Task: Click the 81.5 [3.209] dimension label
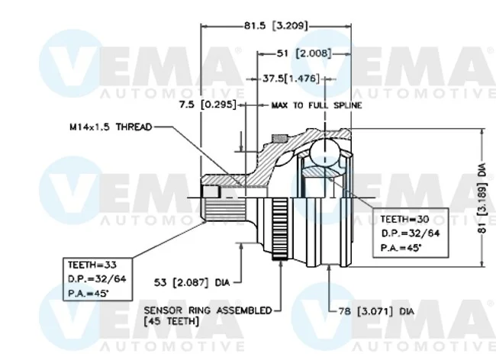pos(275,26)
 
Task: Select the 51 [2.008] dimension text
pos(304,53)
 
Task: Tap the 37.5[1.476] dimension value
pos(291,79)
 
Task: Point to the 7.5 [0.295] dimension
pos(208,104)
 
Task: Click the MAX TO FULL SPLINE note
pos(317,105)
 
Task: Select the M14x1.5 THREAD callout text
pos(111,127)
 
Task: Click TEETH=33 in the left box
pos(92,265)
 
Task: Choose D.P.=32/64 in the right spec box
pos(411,233)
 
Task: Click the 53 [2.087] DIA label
pos(192,282)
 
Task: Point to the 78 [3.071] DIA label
pos(376,312)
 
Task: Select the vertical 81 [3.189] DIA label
pos(482,198)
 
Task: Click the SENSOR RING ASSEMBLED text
pos(208,310)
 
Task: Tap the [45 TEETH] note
pos(171,322)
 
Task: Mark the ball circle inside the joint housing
pos(325,153)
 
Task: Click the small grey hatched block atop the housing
pos(279,139)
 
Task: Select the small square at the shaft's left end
pos(211,191)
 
